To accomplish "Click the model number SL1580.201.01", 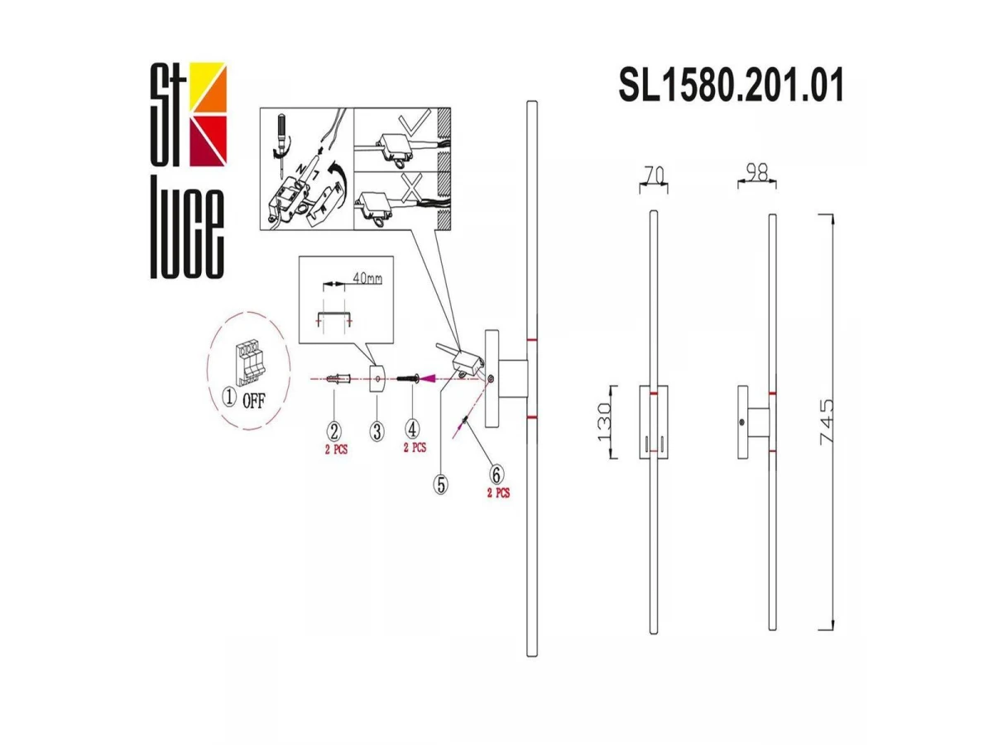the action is (731, 84).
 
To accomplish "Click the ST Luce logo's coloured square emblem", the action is (207, 114).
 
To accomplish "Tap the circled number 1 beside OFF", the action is (230, 398).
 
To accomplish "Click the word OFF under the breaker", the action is (254, 401).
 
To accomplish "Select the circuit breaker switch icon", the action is (248, 364).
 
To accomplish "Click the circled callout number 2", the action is (333, 431).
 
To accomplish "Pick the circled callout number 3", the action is (377, 431).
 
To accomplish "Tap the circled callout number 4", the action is (412, 430).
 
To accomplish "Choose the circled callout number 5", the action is (440, 484).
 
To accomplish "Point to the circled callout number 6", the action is (496, 474).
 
